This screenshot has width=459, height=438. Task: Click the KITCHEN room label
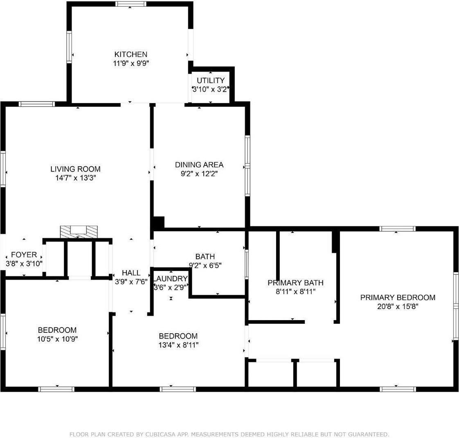(130, 54)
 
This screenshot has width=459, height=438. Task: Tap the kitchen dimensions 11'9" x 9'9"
(130, 63)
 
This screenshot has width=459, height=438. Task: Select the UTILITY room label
(210, 80)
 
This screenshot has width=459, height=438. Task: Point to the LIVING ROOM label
(75, 169)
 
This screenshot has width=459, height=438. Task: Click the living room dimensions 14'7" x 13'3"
(75, 178)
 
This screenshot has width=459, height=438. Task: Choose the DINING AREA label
(199, 165)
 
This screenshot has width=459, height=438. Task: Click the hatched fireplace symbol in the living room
(79, 231)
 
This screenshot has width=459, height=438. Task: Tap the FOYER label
(24, 255)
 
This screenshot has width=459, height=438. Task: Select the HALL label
(131, 273)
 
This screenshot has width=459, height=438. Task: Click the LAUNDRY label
(171, 279)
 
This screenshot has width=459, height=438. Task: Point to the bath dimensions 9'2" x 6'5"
(205, 265)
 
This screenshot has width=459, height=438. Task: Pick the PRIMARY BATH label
(295, 282)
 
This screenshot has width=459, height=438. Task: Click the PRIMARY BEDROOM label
(398, 298)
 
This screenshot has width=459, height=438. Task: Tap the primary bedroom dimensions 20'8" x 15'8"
(398, 307)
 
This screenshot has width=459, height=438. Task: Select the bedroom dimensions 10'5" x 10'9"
(57, 339)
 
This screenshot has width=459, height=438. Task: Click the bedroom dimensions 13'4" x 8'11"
(178, 345)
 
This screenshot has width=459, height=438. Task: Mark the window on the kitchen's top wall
(130, 4)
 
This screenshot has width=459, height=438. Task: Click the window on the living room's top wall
(37, 104)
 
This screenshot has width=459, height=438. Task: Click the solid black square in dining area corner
(158, 222)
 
